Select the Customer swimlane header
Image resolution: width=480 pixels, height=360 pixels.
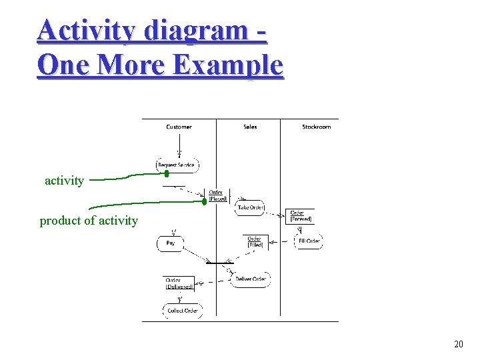pyautogui.click(x=179, y=127)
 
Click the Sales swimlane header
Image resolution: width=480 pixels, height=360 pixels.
pyautogui.click(x=250, y=127)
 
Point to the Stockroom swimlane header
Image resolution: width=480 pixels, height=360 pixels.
pyautogui.click(x=316, y=127)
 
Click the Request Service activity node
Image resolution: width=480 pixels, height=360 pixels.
pyautogui.click(x=177, y=165)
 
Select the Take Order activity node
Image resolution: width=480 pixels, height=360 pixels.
pyautogui.click(x=251, y=207)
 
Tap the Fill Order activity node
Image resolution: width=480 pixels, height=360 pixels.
pyautogui.click(x=309, y=241)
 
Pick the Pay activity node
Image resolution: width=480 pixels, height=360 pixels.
pyautogui.click(x=170, y=244)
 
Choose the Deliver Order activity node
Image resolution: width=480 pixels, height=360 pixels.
pyautogui.click(x=250, y=279)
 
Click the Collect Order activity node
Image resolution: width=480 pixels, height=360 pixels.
pyautogui.click(x=182, y=310)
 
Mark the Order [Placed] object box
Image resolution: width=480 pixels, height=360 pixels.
pyautogui.click(x=218, y=195)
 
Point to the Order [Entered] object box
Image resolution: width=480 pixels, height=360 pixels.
pyautogui.click(x=301, y=216)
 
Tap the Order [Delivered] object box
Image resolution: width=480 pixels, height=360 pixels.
pyautogui.click(x=179, y=283)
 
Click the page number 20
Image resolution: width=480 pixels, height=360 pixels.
pyautogui.click(x=458, y=344)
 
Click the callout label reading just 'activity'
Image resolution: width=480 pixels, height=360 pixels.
pyautogui.click(x=64, y=181)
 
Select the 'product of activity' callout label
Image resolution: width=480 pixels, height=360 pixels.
pyautogui.click(x=89, y=221)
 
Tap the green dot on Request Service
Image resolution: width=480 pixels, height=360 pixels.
pyautogui.click(x=167, y=173)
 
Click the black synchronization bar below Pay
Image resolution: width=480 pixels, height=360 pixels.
pyautogui.click(x=219, y=262)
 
